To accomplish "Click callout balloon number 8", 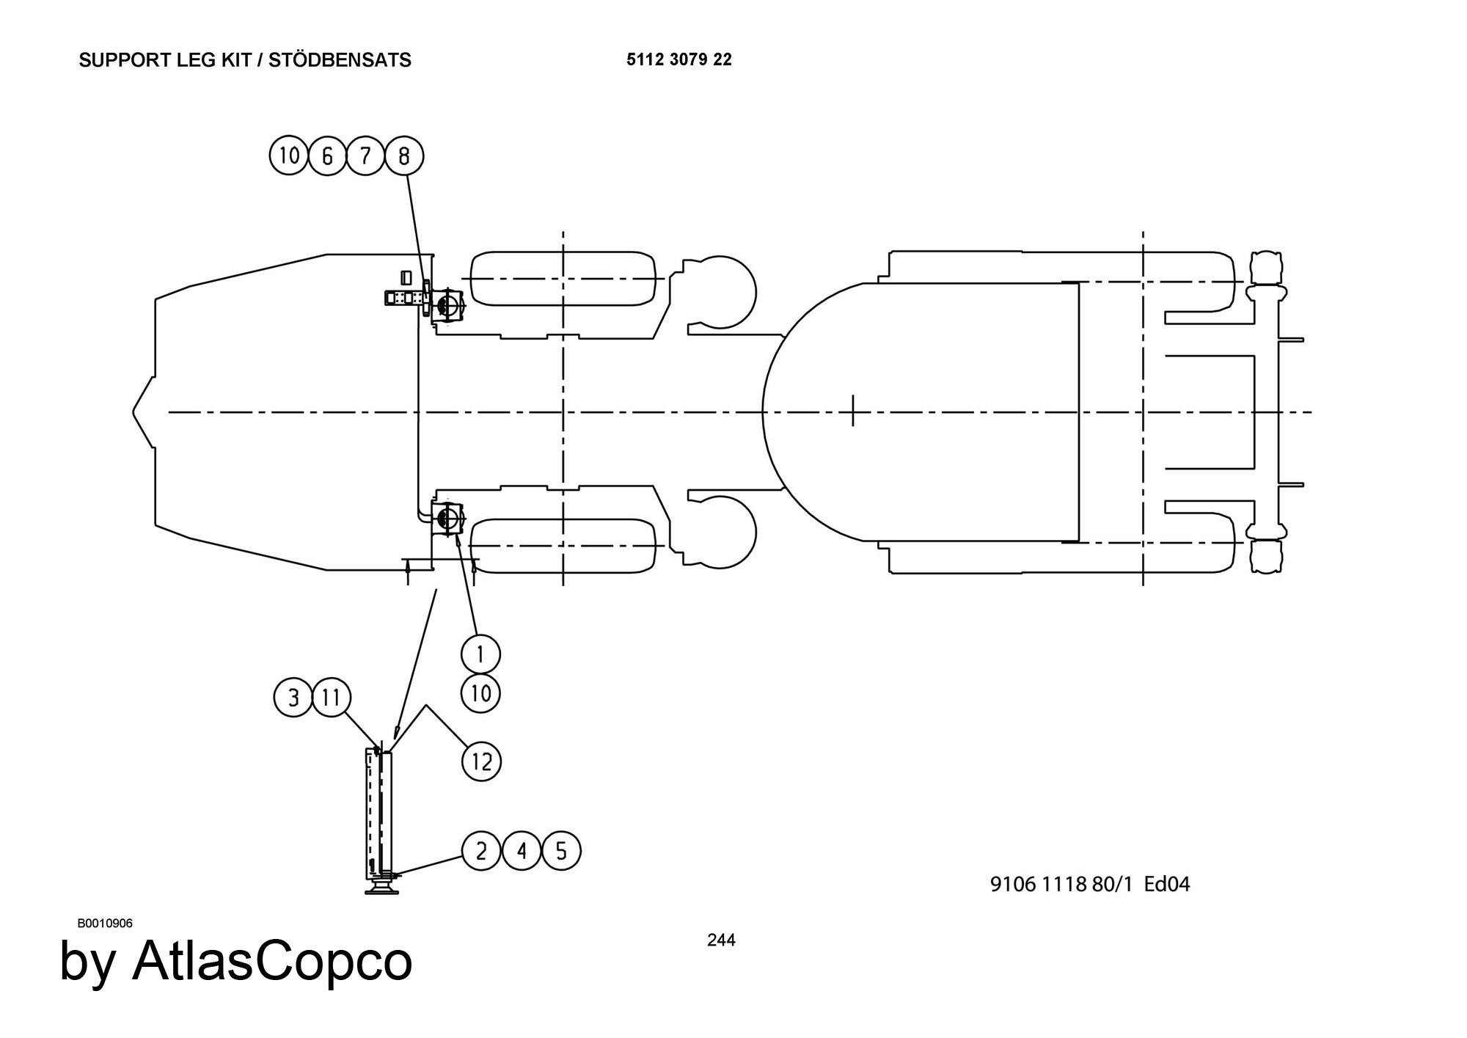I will coord(404,156).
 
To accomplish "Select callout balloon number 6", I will coord(328,156).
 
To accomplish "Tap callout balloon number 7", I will coord(366,156).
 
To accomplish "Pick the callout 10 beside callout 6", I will coord(289,156).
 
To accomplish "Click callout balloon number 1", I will coord(480,653).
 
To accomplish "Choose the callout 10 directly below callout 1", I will coord(480,692).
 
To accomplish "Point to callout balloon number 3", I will coord(293,697).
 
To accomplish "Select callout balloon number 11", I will coord(332,697).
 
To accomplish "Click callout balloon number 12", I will coord(481,761).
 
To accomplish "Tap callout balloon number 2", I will coord(481,851).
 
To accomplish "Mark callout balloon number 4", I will coord(522,851).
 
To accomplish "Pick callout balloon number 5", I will coord(561,851).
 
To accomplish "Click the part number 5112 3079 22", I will coord(678,59).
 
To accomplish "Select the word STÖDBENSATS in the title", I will coord(340,60).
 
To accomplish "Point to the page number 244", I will coord(721,940).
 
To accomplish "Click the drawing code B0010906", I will coord(105,923).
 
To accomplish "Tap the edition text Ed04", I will coord(1167,884).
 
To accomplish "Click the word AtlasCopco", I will coord(272,961).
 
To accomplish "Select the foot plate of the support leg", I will coord(382,890).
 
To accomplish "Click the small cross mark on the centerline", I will coord(852,411).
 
